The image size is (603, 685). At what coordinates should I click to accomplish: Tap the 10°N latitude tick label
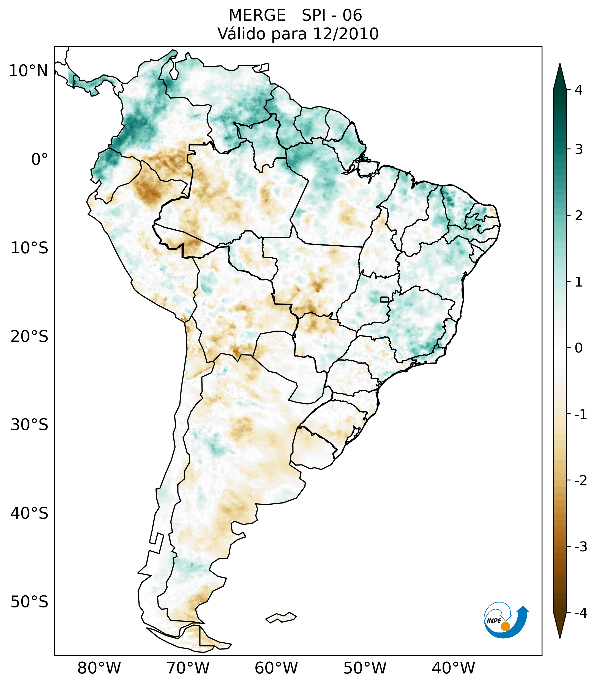29,71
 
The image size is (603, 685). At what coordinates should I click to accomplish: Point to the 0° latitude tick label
40,159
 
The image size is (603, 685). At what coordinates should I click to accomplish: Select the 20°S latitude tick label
29,337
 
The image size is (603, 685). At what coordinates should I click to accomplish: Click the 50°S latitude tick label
29,602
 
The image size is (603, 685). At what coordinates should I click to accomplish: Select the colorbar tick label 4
579,90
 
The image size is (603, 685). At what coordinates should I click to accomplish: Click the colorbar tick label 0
579,348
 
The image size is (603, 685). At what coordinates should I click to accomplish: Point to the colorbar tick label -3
580,547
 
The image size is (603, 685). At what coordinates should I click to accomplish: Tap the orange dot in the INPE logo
505,626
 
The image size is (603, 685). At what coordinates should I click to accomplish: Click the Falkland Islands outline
281,617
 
